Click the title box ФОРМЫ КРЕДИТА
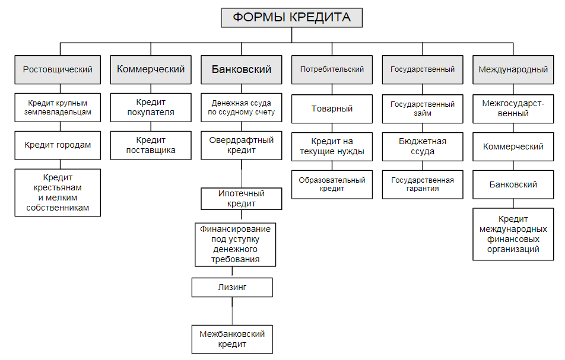(291, 18)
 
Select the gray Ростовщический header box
(58, 69)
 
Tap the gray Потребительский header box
(332, 69)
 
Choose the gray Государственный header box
(423, 69)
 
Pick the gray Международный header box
(513, 69)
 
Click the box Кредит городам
(58, 145)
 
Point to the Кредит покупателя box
(151, 107)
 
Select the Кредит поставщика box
(151, 145)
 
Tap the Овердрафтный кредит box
(241, 145)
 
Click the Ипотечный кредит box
(241, 199)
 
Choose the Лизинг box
(232, 288)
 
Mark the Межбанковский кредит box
(232, 339)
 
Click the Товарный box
(332, 109)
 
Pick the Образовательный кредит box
(332, 184)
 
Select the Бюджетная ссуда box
(423, 146)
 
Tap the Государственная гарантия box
(423, 184)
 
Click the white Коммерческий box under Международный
(513, 146)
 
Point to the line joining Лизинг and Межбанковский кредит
(232, 310)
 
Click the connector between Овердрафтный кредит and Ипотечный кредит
(241, 174)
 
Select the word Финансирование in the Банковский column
(235, 228)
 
